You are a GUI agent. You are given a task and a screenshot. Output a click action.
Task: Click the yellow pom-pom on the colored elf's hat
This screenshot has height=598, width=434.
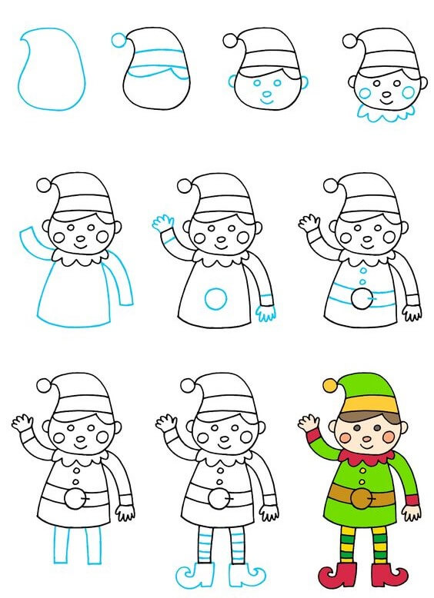(329, 384)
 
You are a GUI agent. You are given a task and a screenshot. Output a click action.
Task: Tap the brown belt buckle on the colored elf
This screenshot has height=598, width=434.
(359, 499)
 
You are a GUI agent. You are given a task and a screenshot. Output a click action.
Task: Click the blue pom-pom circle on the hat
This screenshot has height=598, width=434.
(118, 40)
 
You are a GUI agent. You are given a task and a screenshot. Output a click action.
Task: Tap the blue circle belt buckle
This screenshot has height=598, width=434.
(216, 298)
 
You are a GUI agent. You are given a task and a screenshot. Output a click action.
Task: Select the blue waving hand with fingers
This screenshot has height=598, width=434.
(162, 224)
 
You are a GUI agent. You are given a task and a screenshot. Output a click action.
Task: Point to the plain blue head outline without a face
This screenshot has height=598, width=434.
(50, 69)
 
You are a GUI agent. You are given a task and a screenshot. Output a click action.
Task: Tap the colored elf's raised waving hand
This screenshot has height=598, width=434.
(309, 422)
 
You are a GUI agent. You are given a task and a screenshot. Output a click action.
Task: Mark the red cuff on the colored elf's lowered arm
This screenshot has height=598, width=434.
(412, 500)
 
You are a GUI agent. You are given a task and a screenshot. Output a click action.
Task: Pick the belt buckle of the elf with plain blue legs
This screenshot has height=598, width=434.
(72, 500)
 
